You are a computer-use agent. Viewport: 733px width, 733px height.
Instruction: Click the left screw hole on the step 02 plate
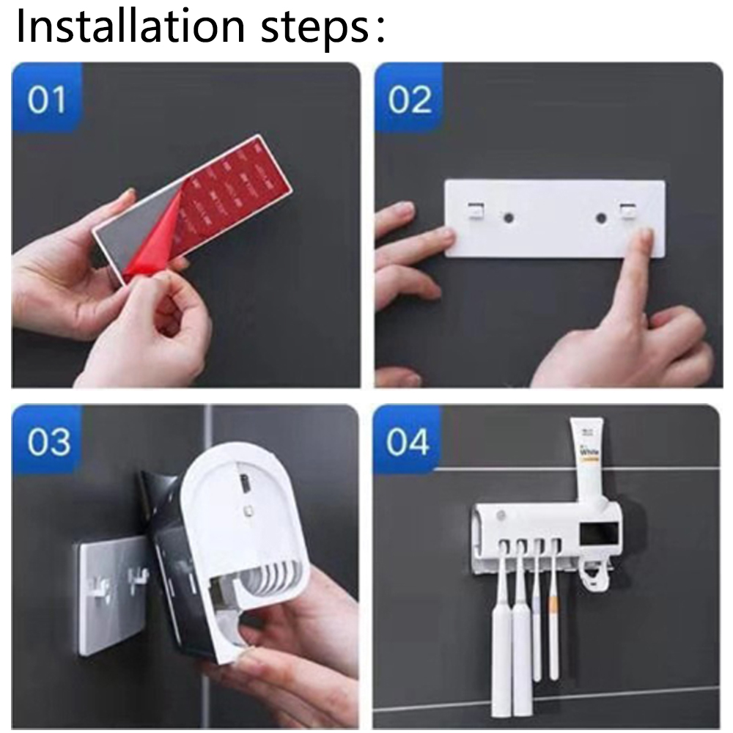pos(505,217)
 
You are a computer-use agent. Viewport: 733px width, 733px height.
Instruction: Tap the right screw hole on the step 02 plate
pos(602,218)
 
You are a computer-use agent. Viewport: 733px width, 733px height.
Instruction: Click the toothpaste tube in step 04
pos(588,458)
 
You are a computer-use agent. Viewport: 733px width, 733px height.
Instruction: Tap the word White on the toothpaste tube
pos(589,454)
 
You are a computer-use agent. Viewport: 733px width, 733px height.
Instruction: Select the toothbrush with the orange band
pos(554,623)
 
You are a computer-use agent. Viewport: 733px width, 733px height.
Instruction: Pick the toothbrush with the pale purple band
pos(537,623)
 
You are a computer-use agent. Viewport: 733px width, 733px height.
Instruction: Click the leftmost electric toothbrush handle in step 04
pos(501,645)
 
